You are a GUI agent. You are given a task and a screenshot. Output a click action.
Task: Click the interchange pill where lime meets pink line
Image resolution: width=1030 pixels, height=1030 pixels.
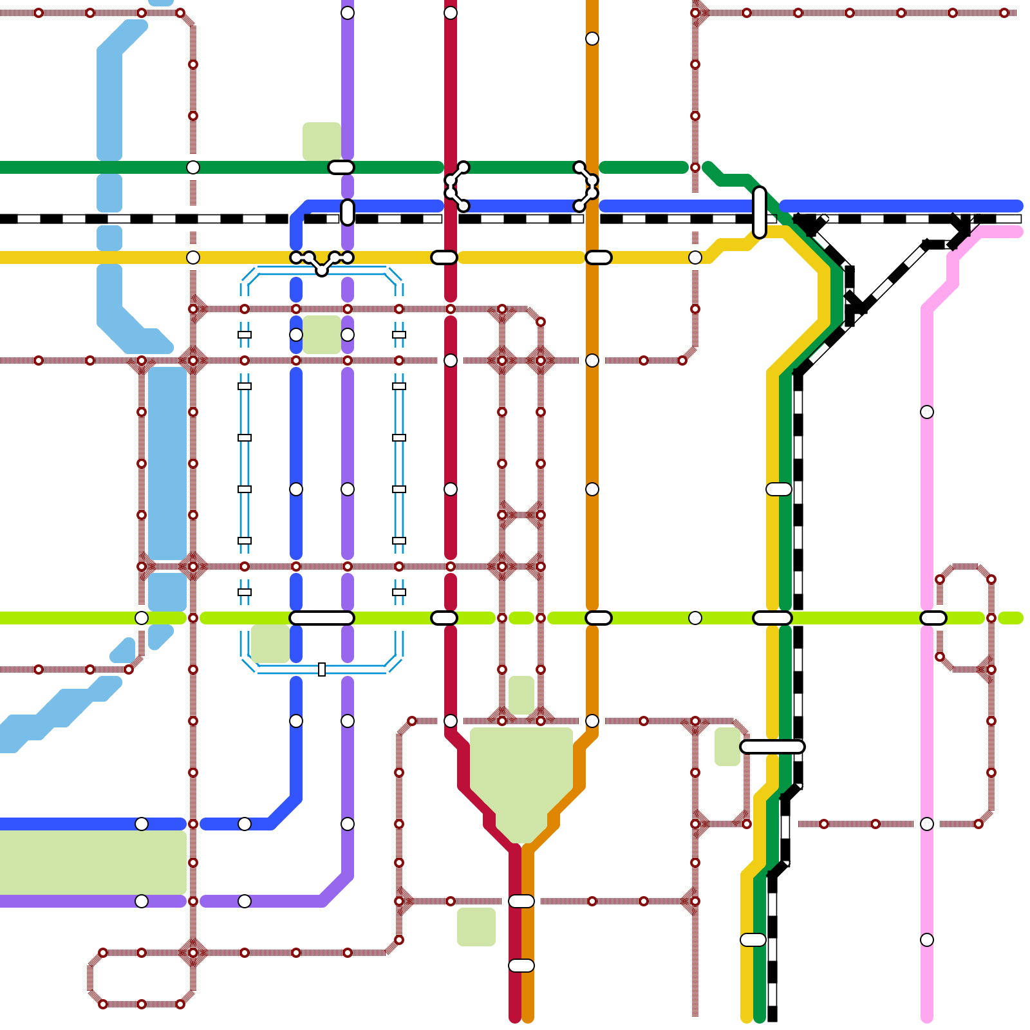pos(933,618)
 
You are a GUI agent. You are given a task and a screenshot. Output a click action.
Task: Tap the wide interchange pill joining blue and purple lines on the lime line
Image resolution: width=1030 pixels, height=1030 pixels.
pos(322,618)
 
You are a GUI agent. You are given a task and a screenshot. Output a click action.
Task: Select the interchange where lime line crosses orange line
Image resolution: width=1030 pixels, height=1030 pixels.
pos(598,618)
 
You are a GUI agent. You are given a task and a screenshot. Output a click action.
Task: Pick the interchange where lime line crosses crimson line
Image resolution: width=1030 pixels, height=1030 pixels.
pos(444,618)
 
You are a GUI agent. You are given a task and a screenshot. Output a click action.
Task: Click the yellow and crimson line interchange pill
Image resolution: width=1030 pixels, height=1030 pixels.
pos(444,257)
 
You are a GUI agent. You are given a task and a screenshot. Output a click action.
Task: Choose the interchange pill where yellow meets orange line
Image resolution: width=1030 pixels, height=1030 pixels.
pos(598,257)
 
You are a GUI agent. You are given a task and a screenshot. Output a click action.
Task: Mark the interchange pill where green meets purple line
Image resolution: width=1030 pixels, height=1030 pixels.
pos(341,167)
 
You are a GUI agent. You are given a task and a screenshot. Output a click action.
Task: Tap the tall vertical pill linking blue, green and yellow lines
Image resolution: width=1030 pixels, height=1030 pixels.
pos(760,212)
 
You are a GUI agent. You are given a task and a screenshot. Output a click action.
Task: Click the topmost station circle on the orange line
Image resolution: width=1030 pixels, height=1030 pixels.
pos(592,39)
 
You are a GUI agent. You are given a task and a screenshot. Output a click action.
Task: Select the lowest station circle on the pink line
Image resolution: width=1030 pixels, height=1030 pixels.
pos(927,940)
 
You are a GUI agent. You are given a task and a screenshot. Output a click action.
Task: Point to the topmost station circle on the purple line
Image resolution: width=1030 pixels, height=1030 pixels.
pos(348,13)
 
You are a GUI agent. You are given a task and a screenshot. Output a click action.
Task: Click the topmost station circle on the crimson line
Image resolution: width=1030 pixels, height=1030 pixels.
pos(451,13)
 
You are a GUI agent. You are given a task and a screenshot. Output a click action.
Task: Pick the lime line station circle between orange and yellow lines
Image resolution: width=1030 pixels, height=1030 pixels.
pos(695,618)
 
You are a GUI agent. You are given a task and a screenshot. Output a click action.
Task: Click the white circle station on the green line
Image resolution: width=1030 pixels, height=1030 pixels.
pos(193,167)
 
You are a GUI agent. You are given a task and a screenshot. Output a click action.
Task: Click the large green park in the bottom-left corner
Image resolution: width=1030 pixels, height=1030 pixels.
pos(90,863)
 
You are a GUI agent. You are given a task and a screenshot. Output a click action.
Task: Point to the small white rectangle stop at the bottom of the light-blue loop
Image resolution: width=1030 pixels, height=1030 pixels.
pos(322,669)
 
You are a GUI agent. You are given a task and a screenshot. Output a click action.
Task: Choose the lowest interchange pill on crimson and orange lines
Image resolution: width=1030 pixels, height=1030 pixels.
pos(521,966)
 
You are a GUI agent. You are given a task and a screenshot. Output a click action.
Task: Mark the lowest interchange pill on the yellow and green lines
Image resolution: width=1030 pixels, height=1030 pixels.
pos(753,940)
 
